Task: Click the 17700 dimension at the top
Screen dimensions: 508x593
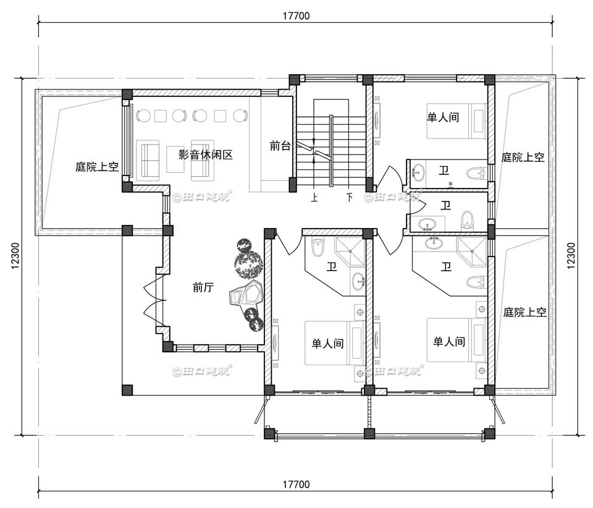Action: [296, 15]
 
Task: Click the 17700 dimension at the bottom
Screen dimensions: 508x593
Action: [296, 484]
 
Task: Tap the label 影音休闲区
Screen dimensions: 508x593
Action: [206, 155]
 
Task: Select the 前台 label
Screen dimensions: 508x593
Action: [280, 146]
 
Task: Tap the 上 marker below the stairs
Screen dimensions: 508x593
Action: [314, 198]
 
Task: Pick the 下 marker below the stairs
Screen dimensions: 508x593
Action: [350, 198]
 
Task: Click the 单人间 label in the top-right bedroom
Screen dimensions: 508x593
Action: [443, 116]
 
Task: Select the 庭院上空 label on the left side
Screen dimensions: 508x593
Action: [97, 167]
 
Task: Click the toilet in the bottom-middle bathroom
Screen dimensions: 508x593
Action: [318, 248]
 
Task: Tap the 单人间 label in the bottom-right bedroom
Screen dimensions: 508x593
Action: [449, 341]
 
